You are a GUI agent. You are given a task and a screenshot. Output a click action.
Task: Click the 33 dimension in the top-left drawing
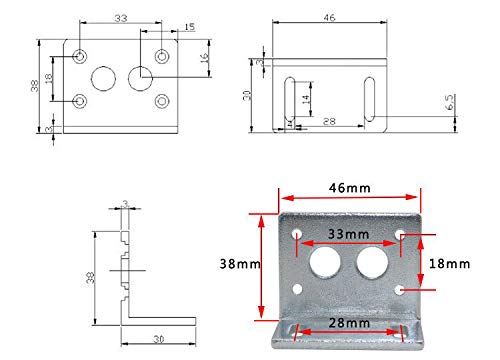(x=121, y=18)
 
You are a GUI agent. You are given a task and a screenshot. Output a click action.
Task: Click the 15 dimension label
(x=189, y=27)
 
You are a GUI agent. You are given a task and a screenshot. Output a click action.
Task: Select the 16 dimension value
(x=204, y=57)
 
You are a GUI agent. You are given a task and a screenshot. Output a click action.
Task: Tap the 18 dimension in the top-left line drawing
(x=49, y=78)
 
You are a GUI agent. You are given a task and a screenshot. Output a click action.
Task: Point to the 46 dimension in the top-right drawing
(x=329, y=18)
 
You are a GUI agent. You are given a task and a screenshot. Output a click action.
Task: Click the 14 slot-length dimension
(x=305, y=99)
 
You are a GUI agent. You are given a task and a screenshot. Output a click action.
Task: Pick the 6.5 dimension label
(x=449, y=102)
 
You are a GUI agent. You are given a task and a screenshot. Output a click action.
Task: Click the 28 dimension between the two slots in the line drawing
(x=329, y=121)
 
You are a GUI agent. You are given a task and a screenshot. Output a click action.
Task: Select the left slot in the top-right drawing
(x=290, y=99)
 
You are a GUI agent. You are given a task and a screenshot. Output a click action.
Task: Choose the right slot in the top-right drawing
(x=369, y=99)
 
